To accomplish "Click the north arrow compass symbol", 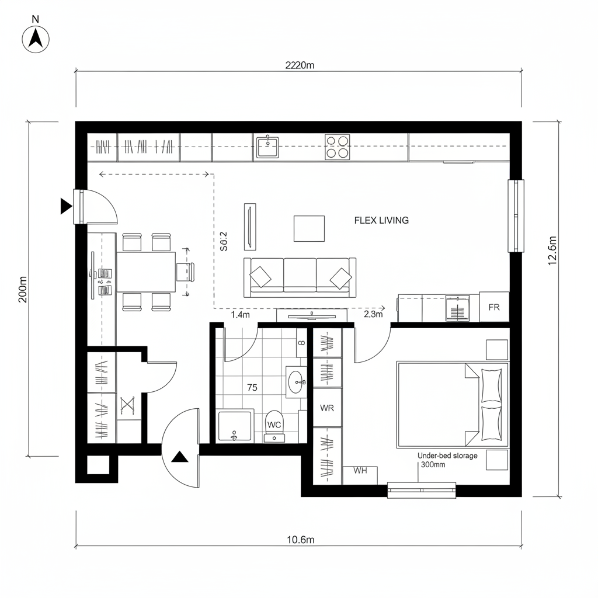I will tap(36, 39).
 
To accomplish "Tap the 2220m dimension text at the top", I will tap(300, 65).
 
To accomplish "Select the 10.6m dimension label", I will tap(301, 540).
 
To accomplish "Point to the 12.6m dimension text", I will tap(552, 251).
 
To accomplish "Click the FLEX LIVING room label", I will tap(381, 220).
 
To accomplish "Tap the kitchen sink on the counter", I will tap(268, 147).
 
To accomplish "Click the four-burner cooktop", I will tap(337, 147).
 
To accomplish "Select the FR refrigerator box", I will tap(494, 307).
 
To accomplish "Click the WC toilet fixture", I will tap(274, 426).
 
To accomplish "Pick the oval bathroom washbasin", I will tap(296, 383).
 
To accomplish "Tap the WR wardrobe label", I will tap(327, 408).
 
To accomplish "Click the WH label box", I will tap(360, 472).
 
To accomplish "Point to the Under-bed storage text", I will tap(447, 456).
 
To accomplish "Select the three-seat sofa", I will tap(300, 276).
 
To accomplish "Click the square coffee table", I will tap(309, 228).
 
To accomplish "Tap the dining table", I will tap(146, 272).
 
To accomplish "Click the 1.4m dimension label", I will tap(241, 315).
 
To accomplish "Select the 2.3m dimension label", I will tap(373, 315).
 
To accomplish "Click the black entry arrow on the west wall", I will tap(65, 206).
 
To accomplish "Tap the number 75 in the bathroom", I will tap(252, 387).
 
